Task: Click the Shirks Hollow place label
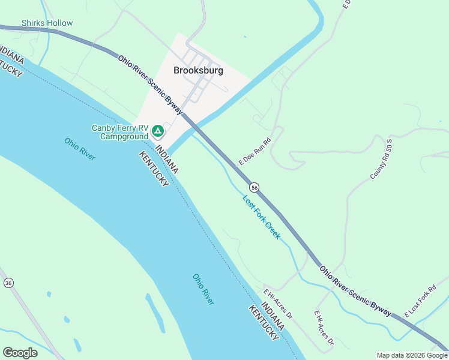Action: tap(47, 23)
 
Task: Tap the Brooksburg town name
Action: tap(198, 70)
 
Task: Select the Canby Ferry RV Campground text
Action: tap(119, 132)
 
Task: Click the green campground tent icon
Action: tap(157, 130)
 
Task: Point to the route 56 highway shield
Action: tap(255, 187)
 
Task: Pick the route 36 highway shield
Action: tap(8, 283)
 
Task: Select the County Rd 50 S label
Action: tap(381, 161)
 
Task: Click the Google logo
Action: tap(20, 353)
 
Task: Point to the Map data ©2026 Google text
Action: tap(412, 355)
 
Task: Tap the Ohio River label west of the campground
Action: tap(80, 149)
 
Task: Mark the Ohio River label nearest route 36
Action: tap(203, 289)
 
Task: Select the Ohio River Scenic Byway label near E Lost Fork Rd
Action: tap(355, 291)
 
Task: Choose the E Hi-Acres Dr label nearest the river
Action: tap(278, 304)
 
